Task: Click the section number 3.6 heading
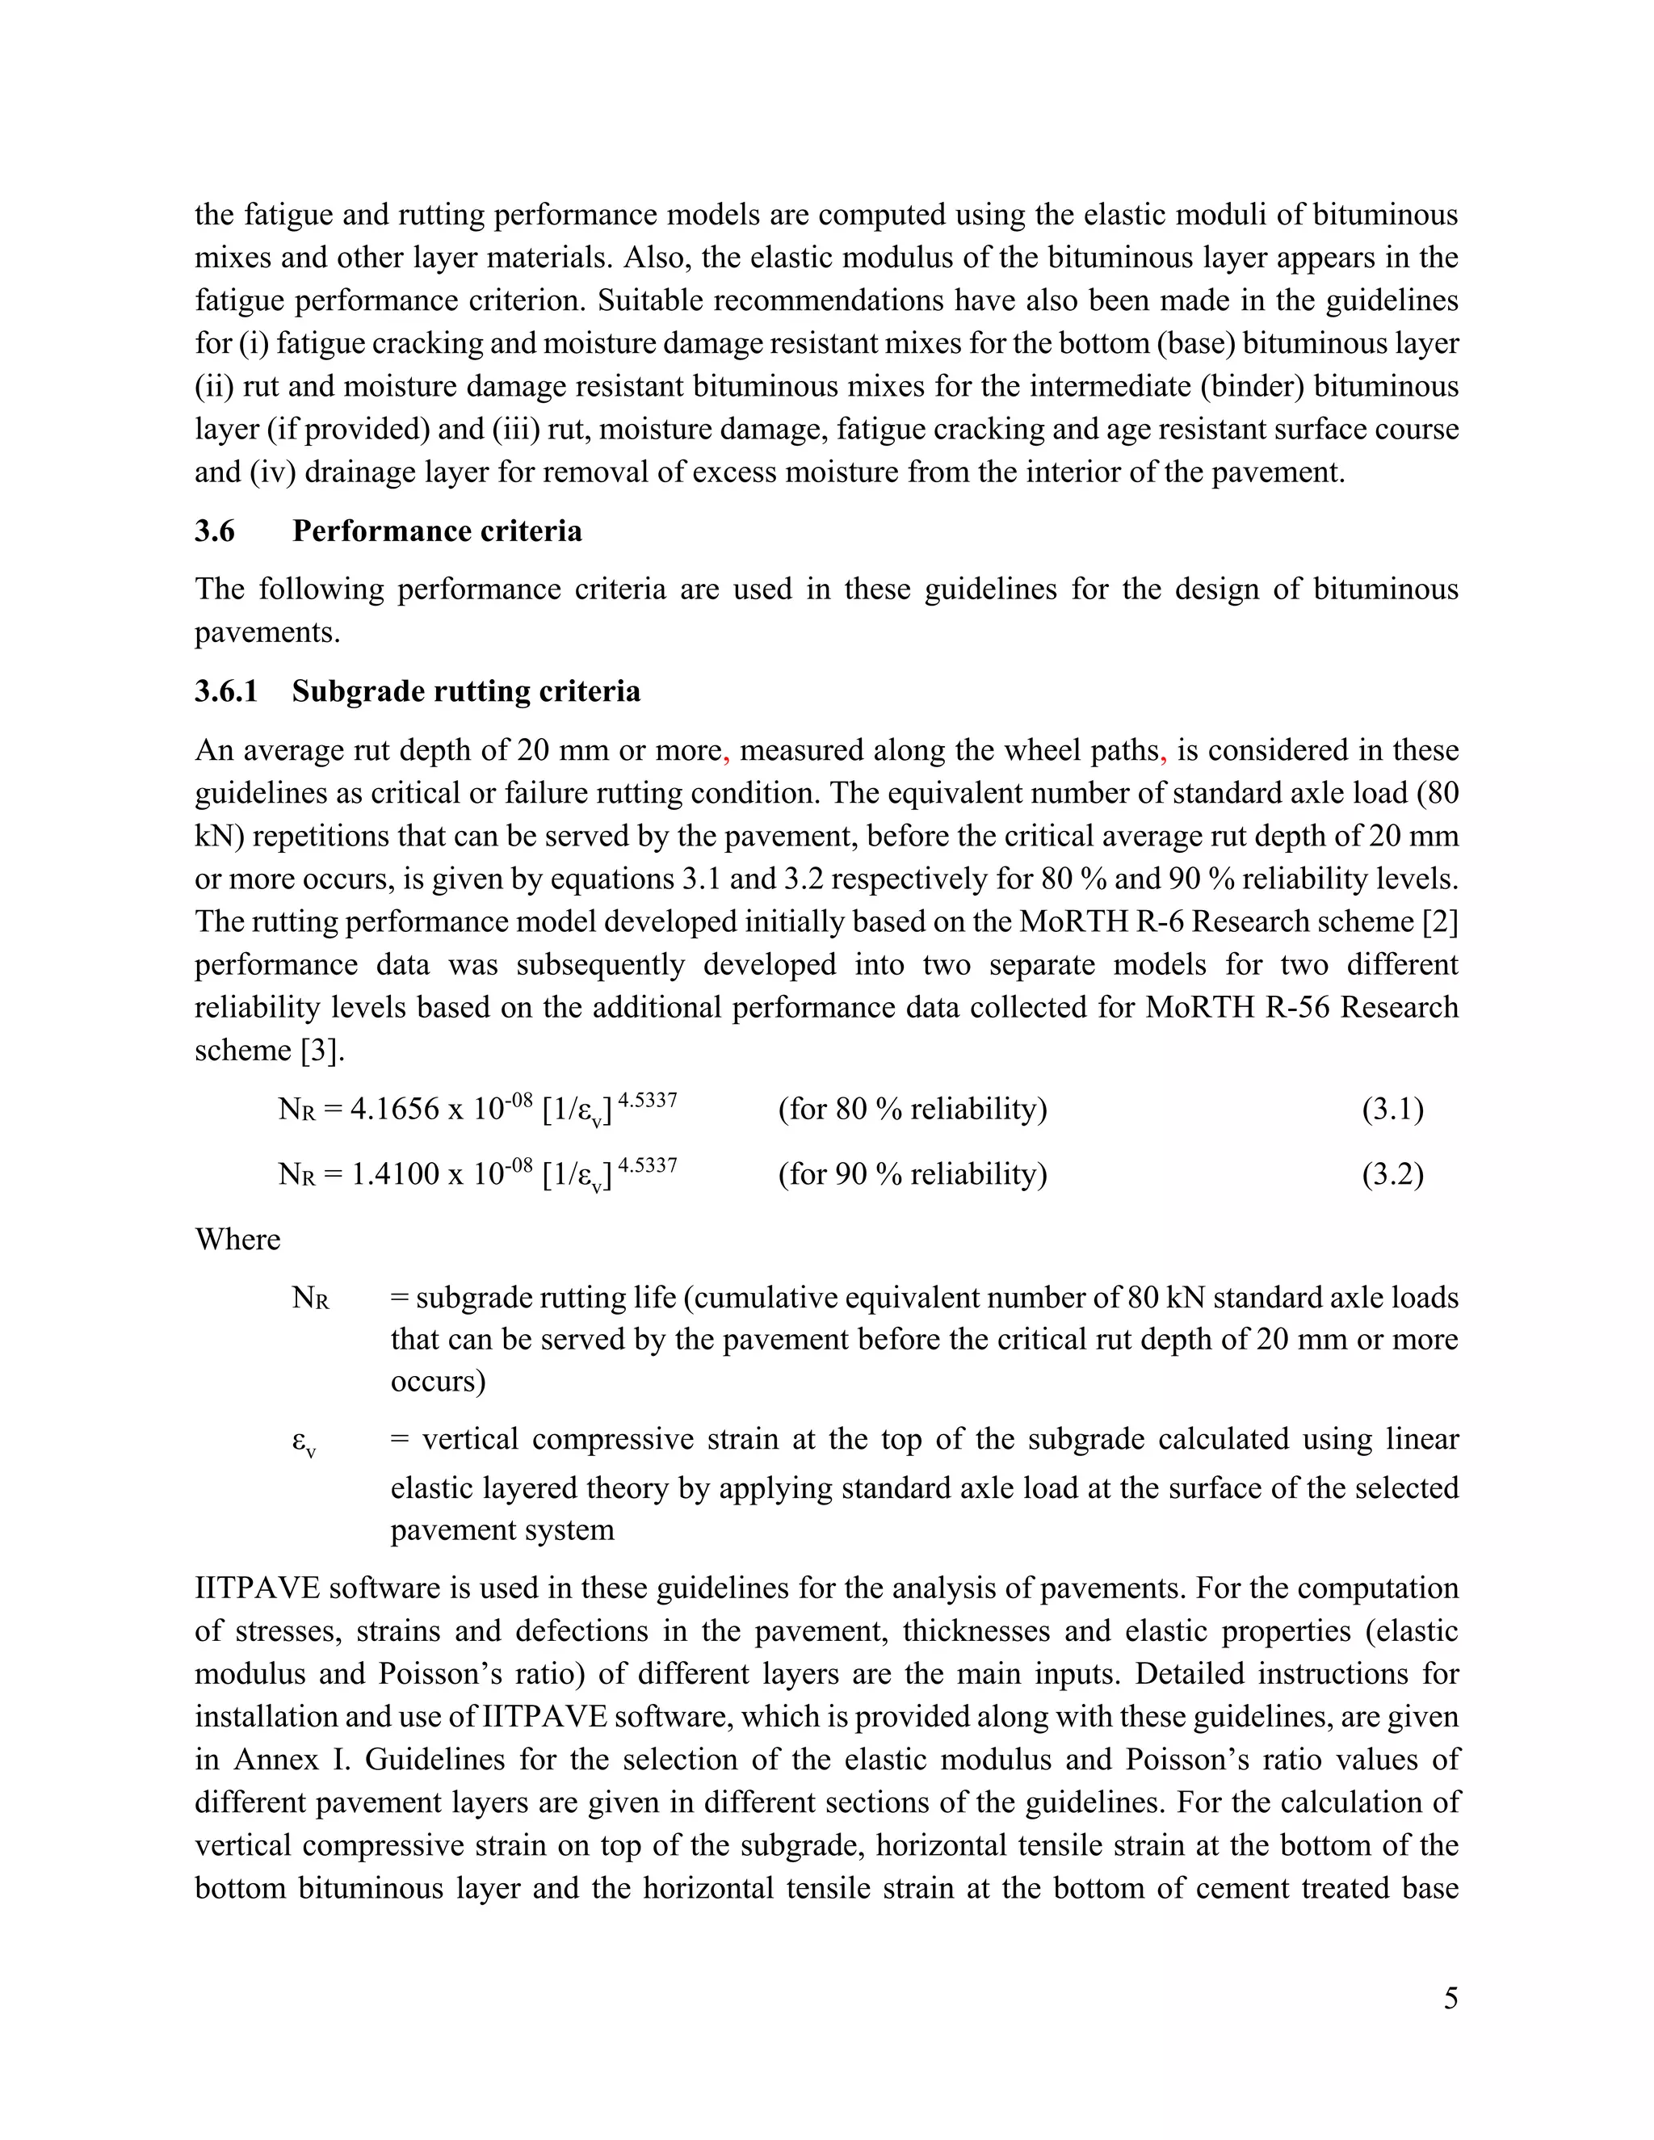click(215, 531)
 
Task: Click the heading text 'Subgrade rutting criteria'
click(467, 692)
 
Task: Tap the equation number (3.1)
click(1392, 1110)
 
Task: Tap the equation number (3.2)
click(1392, 1174)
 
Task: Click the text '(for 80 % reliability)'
click(913, 1110)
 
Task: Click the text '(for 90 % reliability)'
click(913, 1174)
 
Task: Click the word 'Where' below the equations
click(237, 1240)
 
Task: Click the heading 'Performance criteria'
click(437, 531)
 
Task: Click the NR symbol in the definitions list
click(309, 1299)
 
